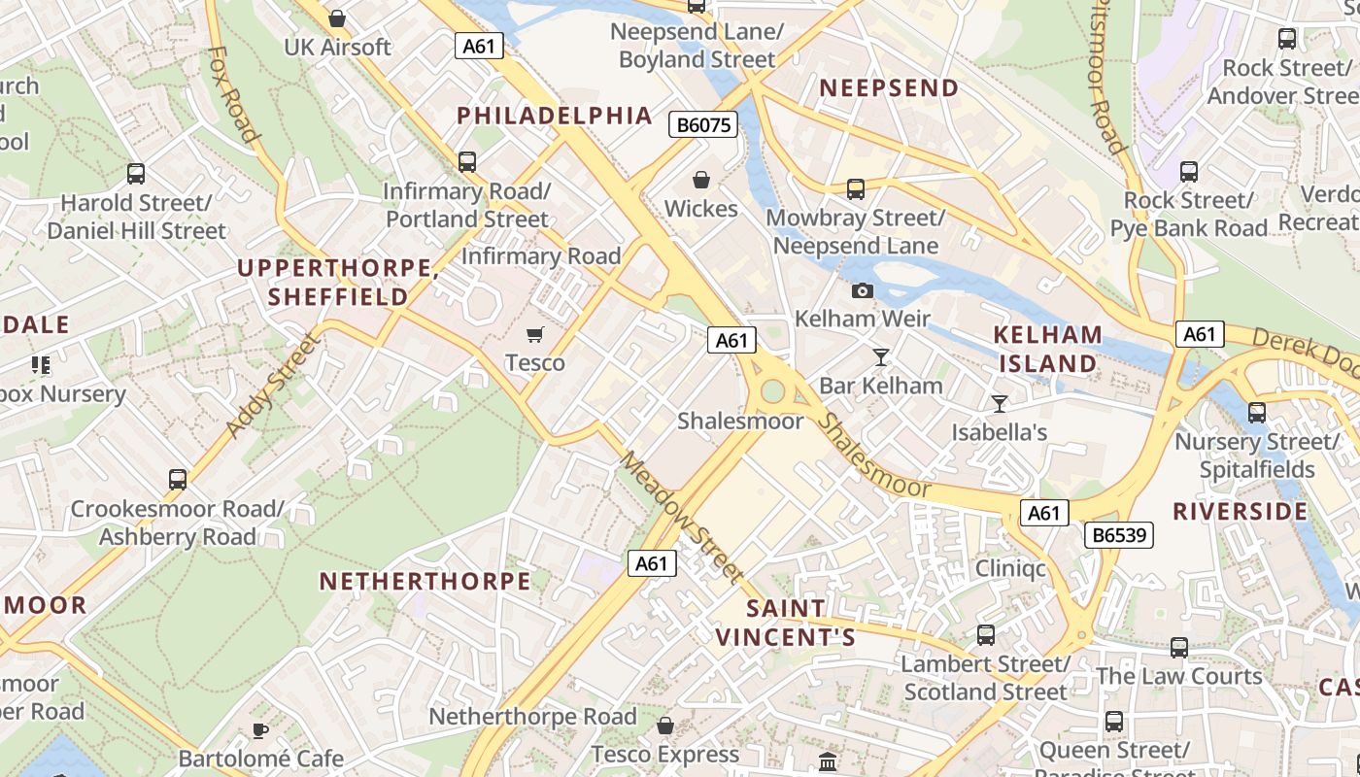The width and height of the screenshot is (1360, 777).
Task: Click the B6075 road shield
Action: [x=703, y=124]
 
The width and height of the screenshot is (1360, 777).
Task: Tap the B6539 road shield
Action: [x=1118, y=535]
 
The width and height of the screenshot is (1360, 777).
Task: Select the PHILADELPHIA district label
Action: [x=555, y=116]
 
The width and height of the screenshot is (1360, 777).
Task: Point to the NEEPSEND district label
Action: [x=889, y=88]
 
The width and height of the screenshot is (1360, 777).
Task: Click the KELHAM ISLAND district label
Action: [x=1048, y=349]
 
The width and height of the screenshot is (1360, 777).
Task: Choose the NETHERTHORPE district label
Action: [x=425, y=582]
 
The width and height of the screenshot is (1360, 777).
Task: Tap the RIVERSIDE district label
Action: [x=1241, y=512]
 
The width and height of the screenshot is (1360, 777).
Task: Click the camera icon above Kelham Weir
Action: [x=862, y=290]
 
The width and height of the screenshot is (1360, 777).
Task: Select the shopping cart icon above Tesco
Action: [x=534, y=335]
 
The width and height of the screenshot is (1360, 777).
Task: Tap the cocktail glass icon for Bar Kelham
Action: [x=880, y=357]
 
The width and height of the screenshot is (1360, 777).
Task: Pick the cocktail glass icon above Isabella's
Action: [x=999, y=404]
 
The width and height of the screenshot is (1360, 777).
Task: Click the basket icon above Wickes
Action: [x=700, y=181]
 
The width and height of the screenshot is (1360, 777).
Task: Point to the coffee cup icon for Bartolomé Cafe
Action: [x=259, y=730]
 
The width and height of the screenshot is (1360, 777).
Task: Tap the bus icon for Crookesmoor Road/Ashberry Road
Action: [x=177, y=480]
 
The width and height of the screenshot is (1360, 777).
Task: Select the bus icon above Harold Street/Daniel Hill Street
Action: [x=136, y=175]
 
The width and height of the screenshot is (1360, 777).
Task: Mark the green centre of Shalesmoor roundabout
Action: [x=772, y=391]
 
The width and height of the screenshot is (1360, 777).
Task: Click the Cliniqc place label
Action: [x=1010, y=568]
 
